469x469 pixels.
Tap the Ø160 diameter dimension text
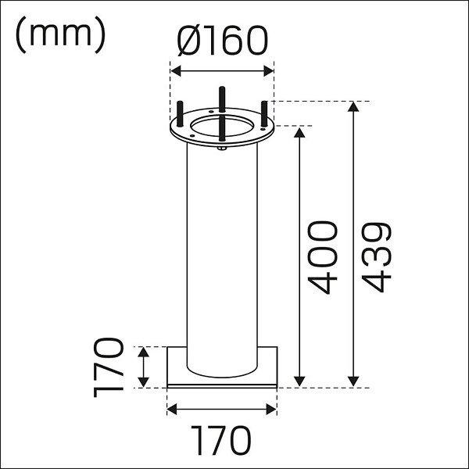pyautogui.click(x=222, y=41)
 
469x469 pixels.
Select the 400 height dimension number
pyautogui.click(x=322, y=257)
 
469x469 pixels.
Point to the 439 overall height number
pyautogui.click(x=376, y=257)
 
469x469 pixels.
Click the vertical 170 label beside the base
pyautogui.click(x=109, y=367)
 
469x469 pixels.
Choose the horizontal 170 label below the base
pyautogui.click(x=221, y=441)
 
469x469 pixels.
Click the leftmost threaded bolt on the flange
pyautogui.click(x=180, y=114)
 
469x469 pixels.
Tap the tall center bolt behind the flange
pyautogui.click(x=222, y=99)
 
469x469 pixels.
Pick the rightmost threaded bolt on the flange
pyautogui.click(x=264, y=114)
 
